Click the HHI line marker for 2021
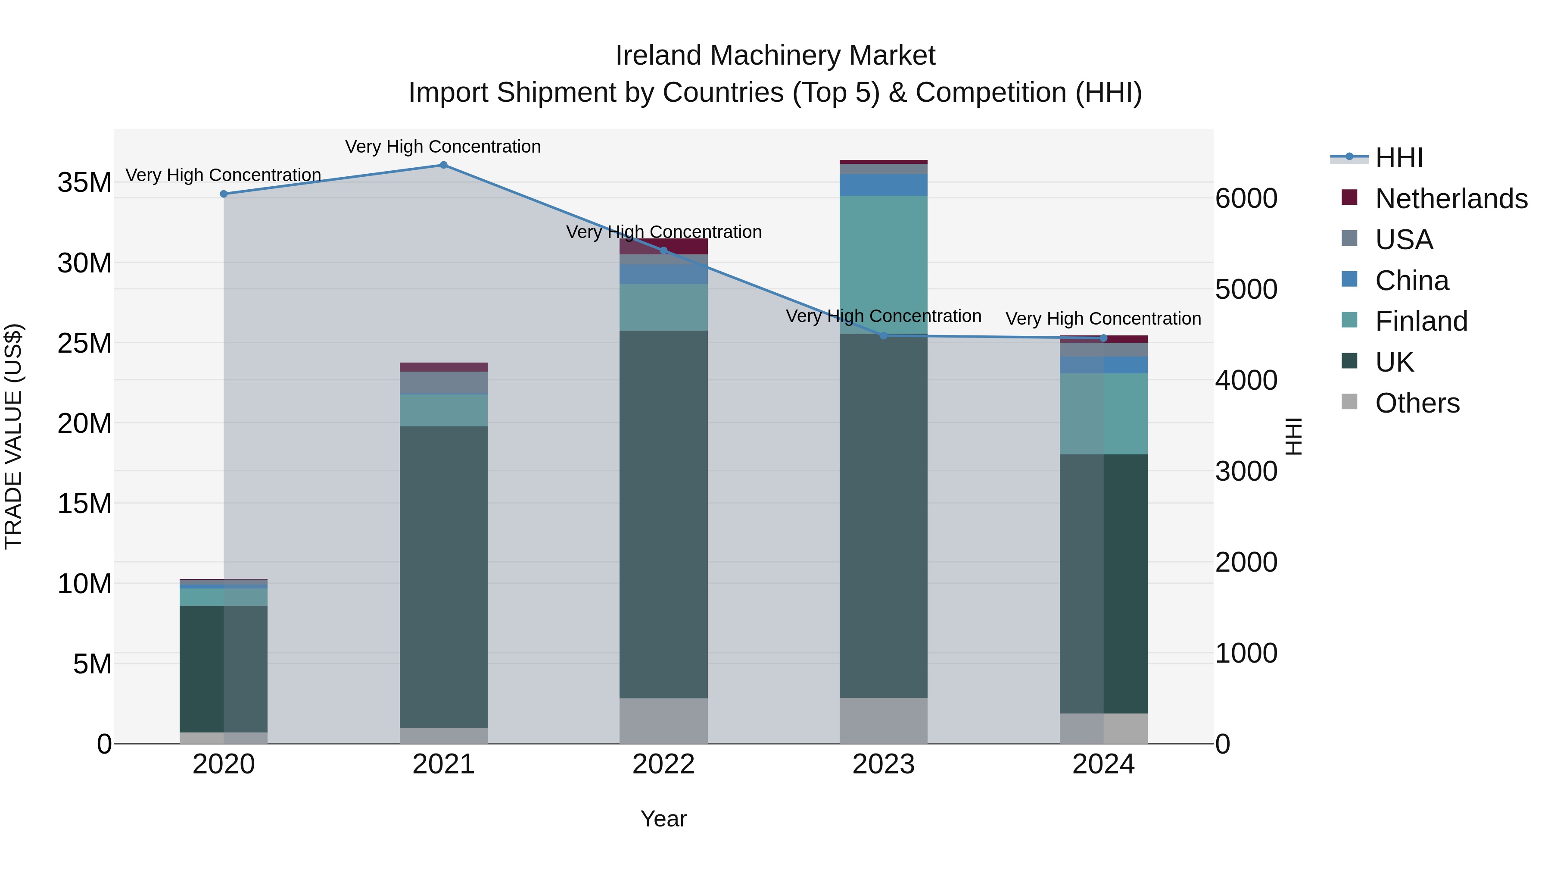click(443, 165)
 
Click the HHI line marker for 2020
click(223, 194)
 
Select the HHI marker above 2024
click(1103, 338)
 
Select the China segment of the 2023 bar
click(883, 185)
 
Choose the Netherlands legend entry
click(1451, 199)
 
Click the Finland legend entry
click(1421, 321)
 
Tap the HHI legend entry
click(1398, 158)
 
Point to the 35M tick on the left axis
click(84, 182)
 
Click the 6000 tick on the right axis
click(1246, 199)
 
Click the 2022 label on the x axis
click(663, 764)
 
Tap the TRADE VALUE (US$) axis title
click(13, 436)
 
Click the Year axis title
click(663, 819)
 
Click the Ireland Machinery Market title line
click(775, 56)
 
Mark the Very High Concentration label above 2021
click(443, 147)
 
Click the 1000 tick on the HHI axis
click(1246, 653)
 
